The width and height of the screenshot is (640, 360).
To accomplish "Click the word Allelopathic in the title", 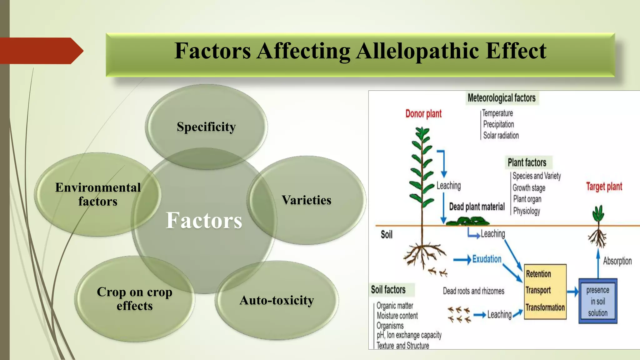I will click(418, 51).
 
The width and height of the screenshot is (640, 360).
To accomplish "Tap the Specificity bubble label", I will click(206, 127).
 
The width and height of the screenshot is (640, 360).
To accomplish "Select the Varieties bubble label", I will click(306, 200).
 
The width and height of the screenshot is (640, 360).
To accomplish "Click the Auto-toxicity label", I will click(277, 300).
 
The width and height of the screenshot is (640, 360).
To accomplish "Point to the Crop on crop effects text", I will click(134, 299).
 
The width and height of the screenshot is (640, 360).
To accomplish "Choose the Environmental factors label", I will click(98, 194).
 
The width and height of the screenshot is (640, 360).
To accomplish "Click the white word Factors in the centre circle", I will click(204, 220).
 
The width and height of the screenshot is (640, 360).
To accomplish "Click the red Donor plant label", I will click(423, 114).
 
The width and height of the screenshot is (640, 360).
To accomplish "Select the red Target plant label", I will click(604, 187).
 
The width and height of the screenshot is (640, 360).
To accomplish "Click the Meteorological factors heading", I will click(502, 98).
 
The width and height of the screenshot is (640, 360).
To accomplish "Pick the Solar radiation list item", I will click(501, 136).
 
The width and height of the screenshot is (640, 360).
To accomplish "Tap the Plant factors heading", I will click(527, 162).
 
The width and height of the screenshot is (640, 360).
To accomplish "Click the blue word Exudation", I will click(487, 259).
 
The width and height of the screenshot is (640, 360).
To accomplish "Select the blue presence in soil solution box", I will click(597, 301).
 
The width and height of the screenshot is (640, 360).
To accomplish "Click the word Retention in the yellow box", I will click(538, 274).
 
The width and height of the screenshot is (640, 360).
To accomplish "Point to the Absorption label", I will click(617, 261).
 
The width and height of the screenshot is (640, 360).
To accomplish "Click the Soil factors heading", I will click(388, 290).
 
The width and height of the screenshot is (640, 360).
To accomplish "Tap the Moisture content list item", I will click(397, 316).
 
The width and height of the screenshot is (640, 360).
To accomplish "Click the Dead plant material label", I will click(477, 207).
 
